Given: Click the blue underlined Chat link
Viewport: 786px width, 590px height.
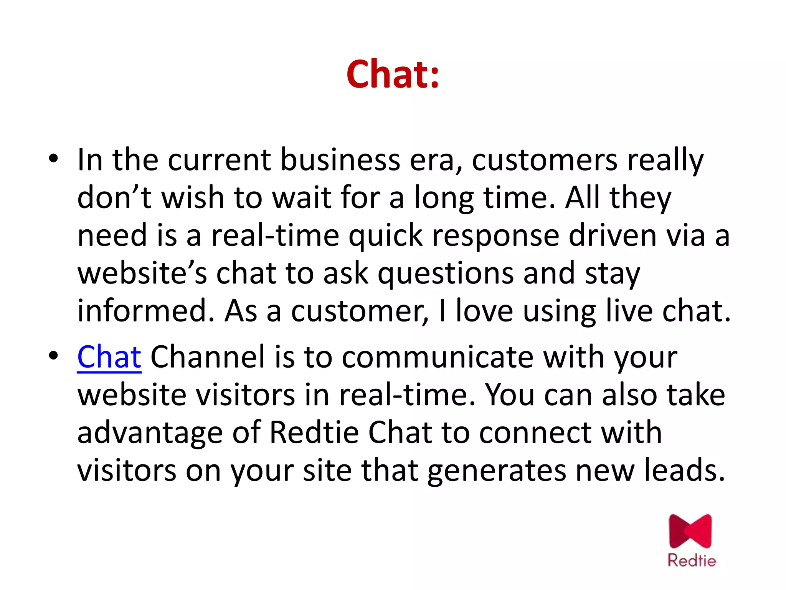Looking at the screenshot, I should point(109,357).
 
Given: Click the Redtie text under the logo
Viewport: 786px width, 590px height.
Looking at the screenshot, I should point(692,560).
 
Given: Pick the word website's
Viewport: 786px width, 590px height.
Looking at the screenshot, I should point(142,273).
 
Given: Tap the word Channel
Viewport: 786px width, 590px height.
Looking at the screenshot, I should point(207,357).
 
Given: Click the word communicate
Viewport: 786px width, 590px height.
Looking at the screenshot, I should point(438,357).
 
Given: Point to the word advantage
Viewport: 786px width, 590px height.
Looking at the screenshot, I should point(150,433).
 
